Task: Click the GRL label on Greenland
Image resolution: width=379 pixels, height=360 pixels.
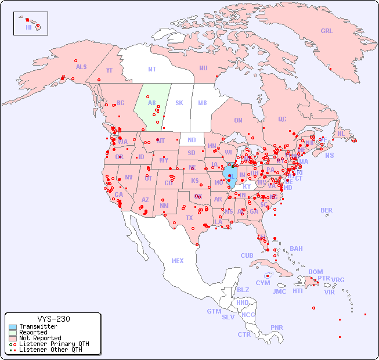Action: (x=327, y=31)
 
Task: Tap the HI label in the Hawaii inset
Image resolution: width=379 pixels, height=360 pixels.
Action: (x=28, y=27)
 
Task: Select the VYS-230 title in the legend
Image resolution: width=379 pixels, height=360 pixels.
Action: (x=53, y=319)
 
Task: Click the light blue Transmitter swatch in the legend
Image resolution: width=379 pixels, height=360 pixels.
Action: (x=12, y=327)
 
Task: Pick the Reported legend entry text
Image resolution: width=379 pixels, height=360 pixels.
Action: (x=33, y=333)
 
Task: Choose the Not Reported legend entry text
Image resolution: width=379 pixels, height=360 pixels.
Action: (x=40, y=339)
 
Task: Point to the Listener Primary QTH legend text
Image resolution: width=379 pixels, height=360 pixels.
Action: (x=54, y=344)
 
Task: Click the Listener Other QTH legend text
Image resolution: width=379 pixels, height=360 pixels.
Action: (x=50, y=350)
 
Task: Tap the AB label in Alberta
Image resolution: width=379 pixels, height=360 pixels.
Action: (x=151, y=103)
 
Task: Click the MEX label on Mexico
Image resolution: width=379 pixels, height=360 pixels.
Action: (x=178, y=261)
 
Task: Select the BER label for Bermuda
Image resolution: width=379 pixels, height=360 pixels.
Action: (x=327, y=210)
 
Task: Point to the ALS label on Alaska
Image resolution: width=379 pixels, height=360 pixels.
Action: (x=81, y=67)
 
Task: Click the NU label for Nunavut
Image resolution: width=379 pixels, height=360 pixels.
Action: (x=203, y=69)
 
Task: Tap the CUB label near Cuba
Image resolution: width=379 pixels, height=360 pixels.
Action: (x=247, y=256)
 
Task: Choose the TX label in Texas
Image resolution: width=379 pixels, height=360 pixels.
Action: (x=189, y=218)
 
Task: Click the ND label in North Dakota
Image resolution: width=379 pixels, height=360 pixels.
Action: (x=192, y=141)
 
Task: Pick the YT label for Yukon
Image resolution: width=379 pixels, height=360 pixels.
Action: (x=109, y=70)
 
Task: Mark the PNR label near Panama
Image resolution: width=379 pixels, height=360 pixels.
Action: (x=277, y=327)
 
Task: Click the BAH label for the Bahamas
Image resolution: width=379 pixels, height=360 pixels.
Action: (x=296, y=249)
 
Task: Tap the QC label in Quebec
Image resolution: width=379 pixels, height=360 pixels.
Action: (x=282, y=120)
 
